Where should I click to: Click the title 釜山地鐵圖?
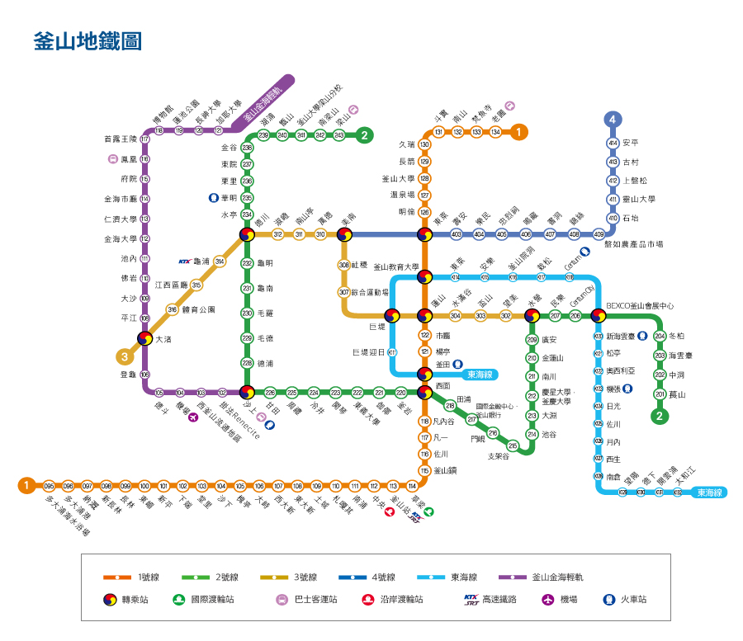click(87, 41)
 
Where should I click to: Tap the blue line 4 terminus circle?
click(613, 120)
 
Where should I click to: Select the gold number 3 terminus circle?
click(125, 357)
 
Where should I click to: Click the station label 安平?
click(631, 143)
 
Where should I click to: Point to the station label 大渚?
click(163, 338)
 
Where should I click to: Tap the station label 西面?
click(442, 385)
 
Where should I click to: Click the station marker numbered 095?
click(49, 486)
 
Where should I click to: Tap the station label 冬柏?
click(676, 336)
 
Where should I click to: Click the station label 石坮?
click(630, 219)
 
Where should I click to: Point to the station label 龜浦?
click(201, 262)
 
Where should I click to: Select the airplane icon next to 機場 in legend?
click(547, 600)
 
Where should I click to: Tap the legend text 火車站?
click(633, 600)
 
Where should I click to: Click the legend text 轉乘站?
click(139, 600)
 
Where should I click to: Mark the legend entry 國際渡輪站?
click(212, 600)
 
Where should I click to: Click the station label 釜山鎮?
click(446, 470)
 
